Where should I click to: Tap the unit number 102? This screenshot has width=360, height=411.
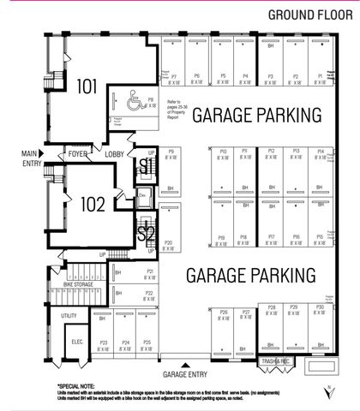[x=93, y=205]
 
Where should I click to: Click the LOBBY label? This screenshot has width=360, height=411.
[x=115, y=154]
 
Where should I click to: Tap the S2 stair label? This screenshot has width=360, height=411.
[x=147, y=231]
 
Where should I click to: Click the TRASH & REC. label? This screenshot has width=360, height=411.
[x=277, y=361]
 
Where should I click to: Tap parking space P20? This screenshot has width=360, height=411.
[x=169, y=244]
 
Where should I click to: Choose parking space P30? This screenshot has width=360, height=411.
[x=320, y=310]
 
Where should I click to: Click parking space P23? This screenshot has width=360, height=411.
[x=104, y=345]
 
